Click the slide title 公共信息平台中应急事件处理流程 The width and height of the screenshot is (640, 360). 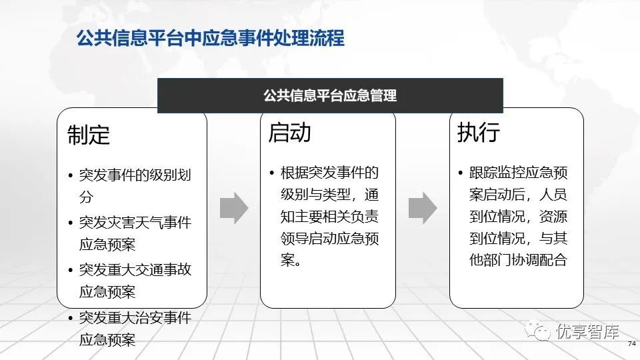point(211,39)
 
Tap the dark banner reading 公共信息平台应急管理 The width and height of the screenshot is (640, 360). point(330,95)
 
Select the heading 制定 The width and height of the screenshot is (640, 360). point(89,135)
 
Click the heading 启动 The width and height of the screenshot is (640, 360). point(289,133)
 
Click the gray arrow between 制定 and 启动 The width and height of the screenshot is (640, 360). point(234,208)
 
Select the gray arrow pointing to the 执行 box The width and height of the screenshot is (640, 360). point(423,208)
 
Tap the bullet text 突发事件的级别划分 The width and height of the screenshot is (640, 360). point(135,186)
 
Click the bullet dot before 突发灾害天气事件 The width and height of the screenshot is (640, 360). point(71,223)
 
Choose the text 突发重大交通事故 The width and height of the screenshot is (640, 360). point(135,270)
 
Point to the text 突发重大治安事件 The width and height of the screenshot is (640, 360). point(135,317)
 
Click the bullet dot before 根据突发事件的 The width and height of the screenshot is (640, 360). point(272,173)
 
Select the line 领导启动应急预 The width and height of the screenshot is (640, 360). point(329,239)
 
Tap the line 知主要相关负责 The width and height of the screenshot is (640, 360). point(329,216)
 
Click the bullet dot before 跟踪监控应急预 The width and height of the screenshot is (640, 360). point(461,173)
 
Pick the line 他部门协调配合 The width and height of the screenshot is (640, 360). point(519,260)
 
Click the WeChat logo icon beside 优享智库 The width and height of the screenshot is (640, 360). point(537,330)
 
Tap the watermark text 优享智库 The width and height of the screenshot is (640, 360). point(587,331)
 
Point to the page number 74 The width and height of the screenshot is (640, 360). point(632,344)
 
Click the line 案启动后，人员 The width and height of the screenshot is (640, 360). point(519,195)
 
